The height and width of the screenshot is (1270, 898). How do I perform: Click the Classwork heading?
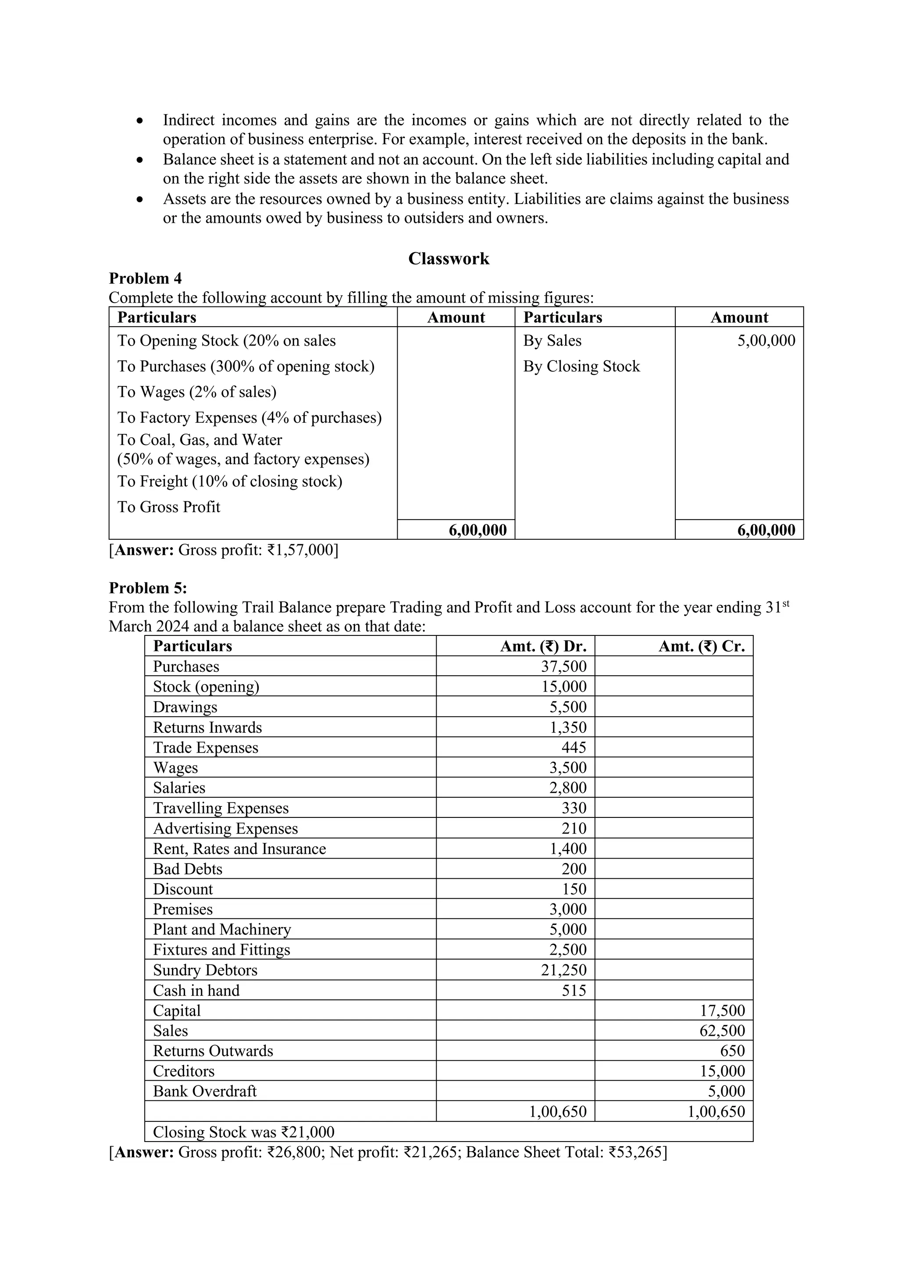point(449,258)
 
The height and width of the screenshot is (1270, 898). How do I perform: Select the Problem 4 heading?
point(146,278)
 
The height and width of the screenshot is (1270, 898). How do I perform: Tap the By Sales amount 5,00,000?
point(766,340)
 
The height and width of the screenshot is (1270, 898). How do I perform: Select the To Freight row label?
point(229,481)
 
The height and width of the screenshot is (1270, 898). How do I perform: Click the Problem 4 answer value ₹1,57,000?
point(301,550)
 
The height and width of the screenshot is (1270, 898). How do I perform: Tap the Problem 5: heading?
point(148,588)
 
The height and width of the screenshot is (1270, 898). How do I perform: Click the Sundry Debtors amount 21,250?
point(563,970)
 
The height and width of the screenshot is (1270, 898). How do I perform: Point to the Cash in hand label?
point(196,990)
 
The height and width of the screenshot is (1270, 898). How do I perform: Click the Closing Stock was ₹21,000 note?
point(243,1132)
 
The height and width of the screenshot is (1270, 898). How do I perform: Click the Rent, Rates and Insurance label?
point(239,849)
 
